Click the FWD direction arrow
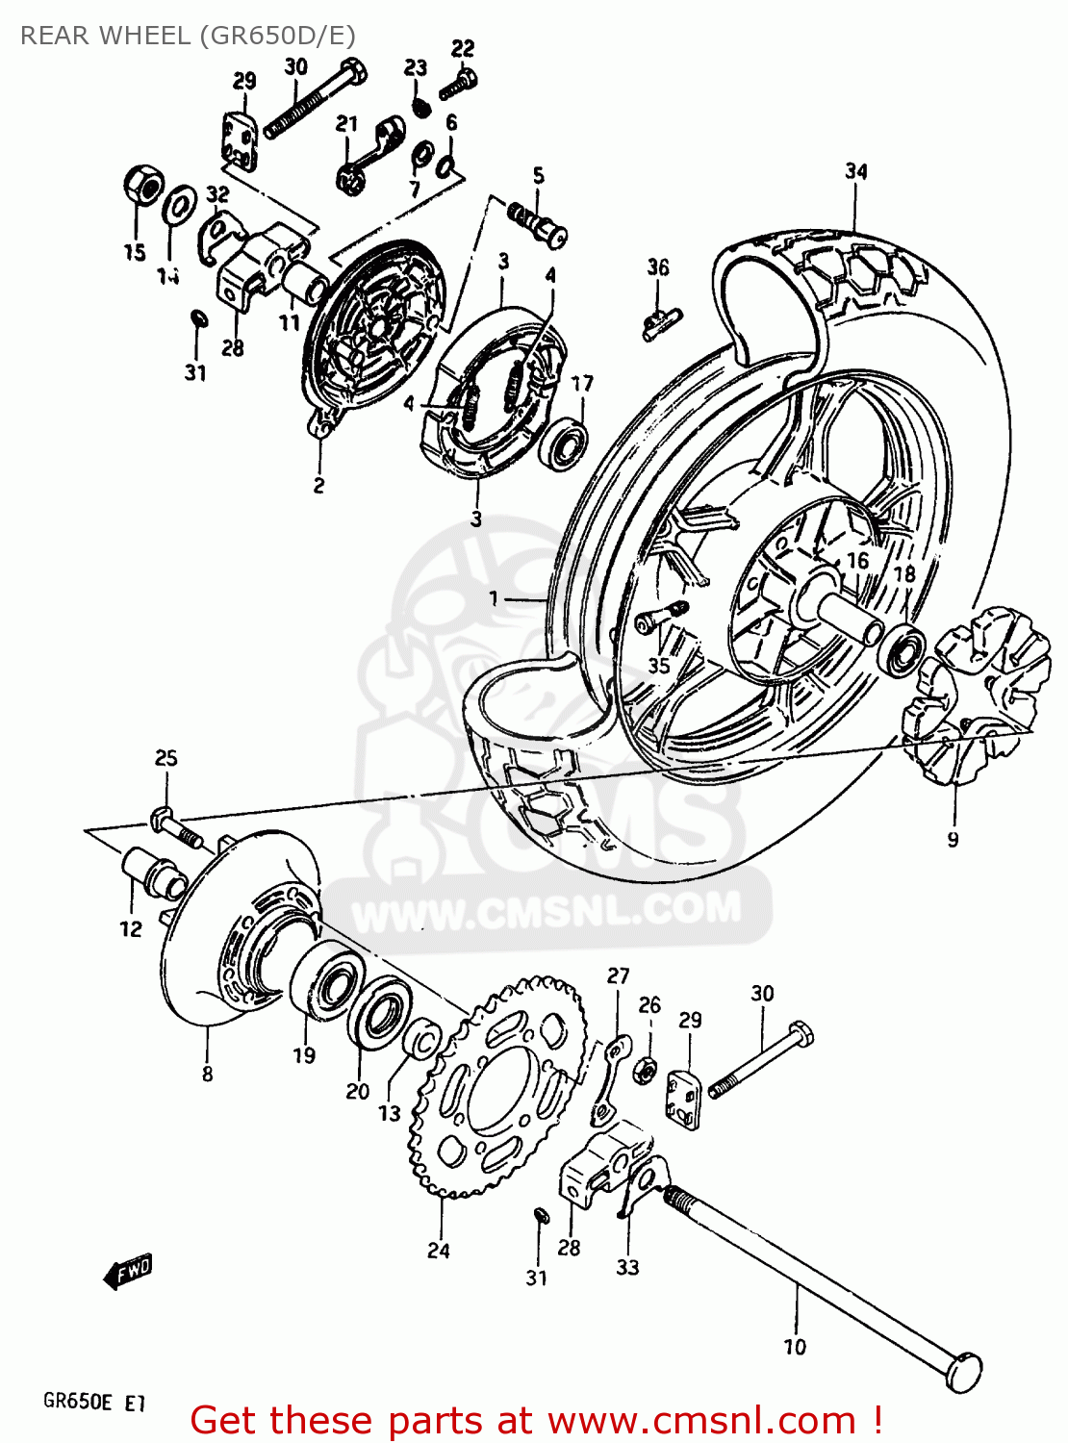coord(128,1272)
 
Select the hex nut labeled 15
coord(140,185)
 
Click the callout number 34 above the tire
coord(855,171)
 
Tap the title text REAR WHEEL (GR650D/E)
coord(188,36)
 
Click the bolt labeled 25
coord(175,828)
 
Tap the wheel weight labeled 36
coord(661,319)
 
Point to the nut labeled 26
coord(648,1068)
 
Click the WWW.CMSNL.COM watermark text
coord(546,909)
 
